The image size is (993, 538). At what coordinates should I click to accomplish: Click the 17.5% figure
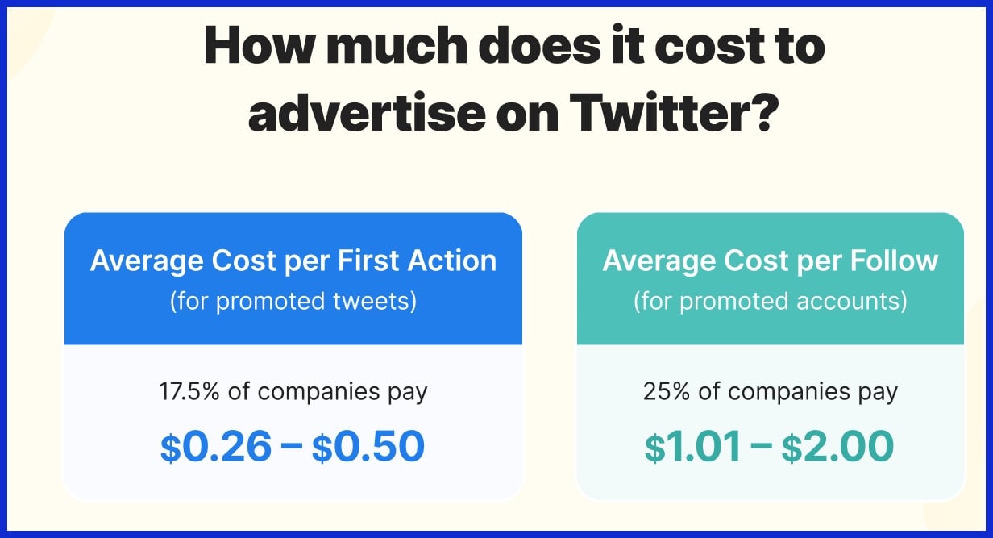[191, 392]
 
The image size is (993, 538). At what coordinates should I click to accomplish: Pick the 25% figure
[665, 392]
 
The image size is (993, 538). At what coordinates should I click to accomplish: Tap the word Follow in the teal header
[893, 261]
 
